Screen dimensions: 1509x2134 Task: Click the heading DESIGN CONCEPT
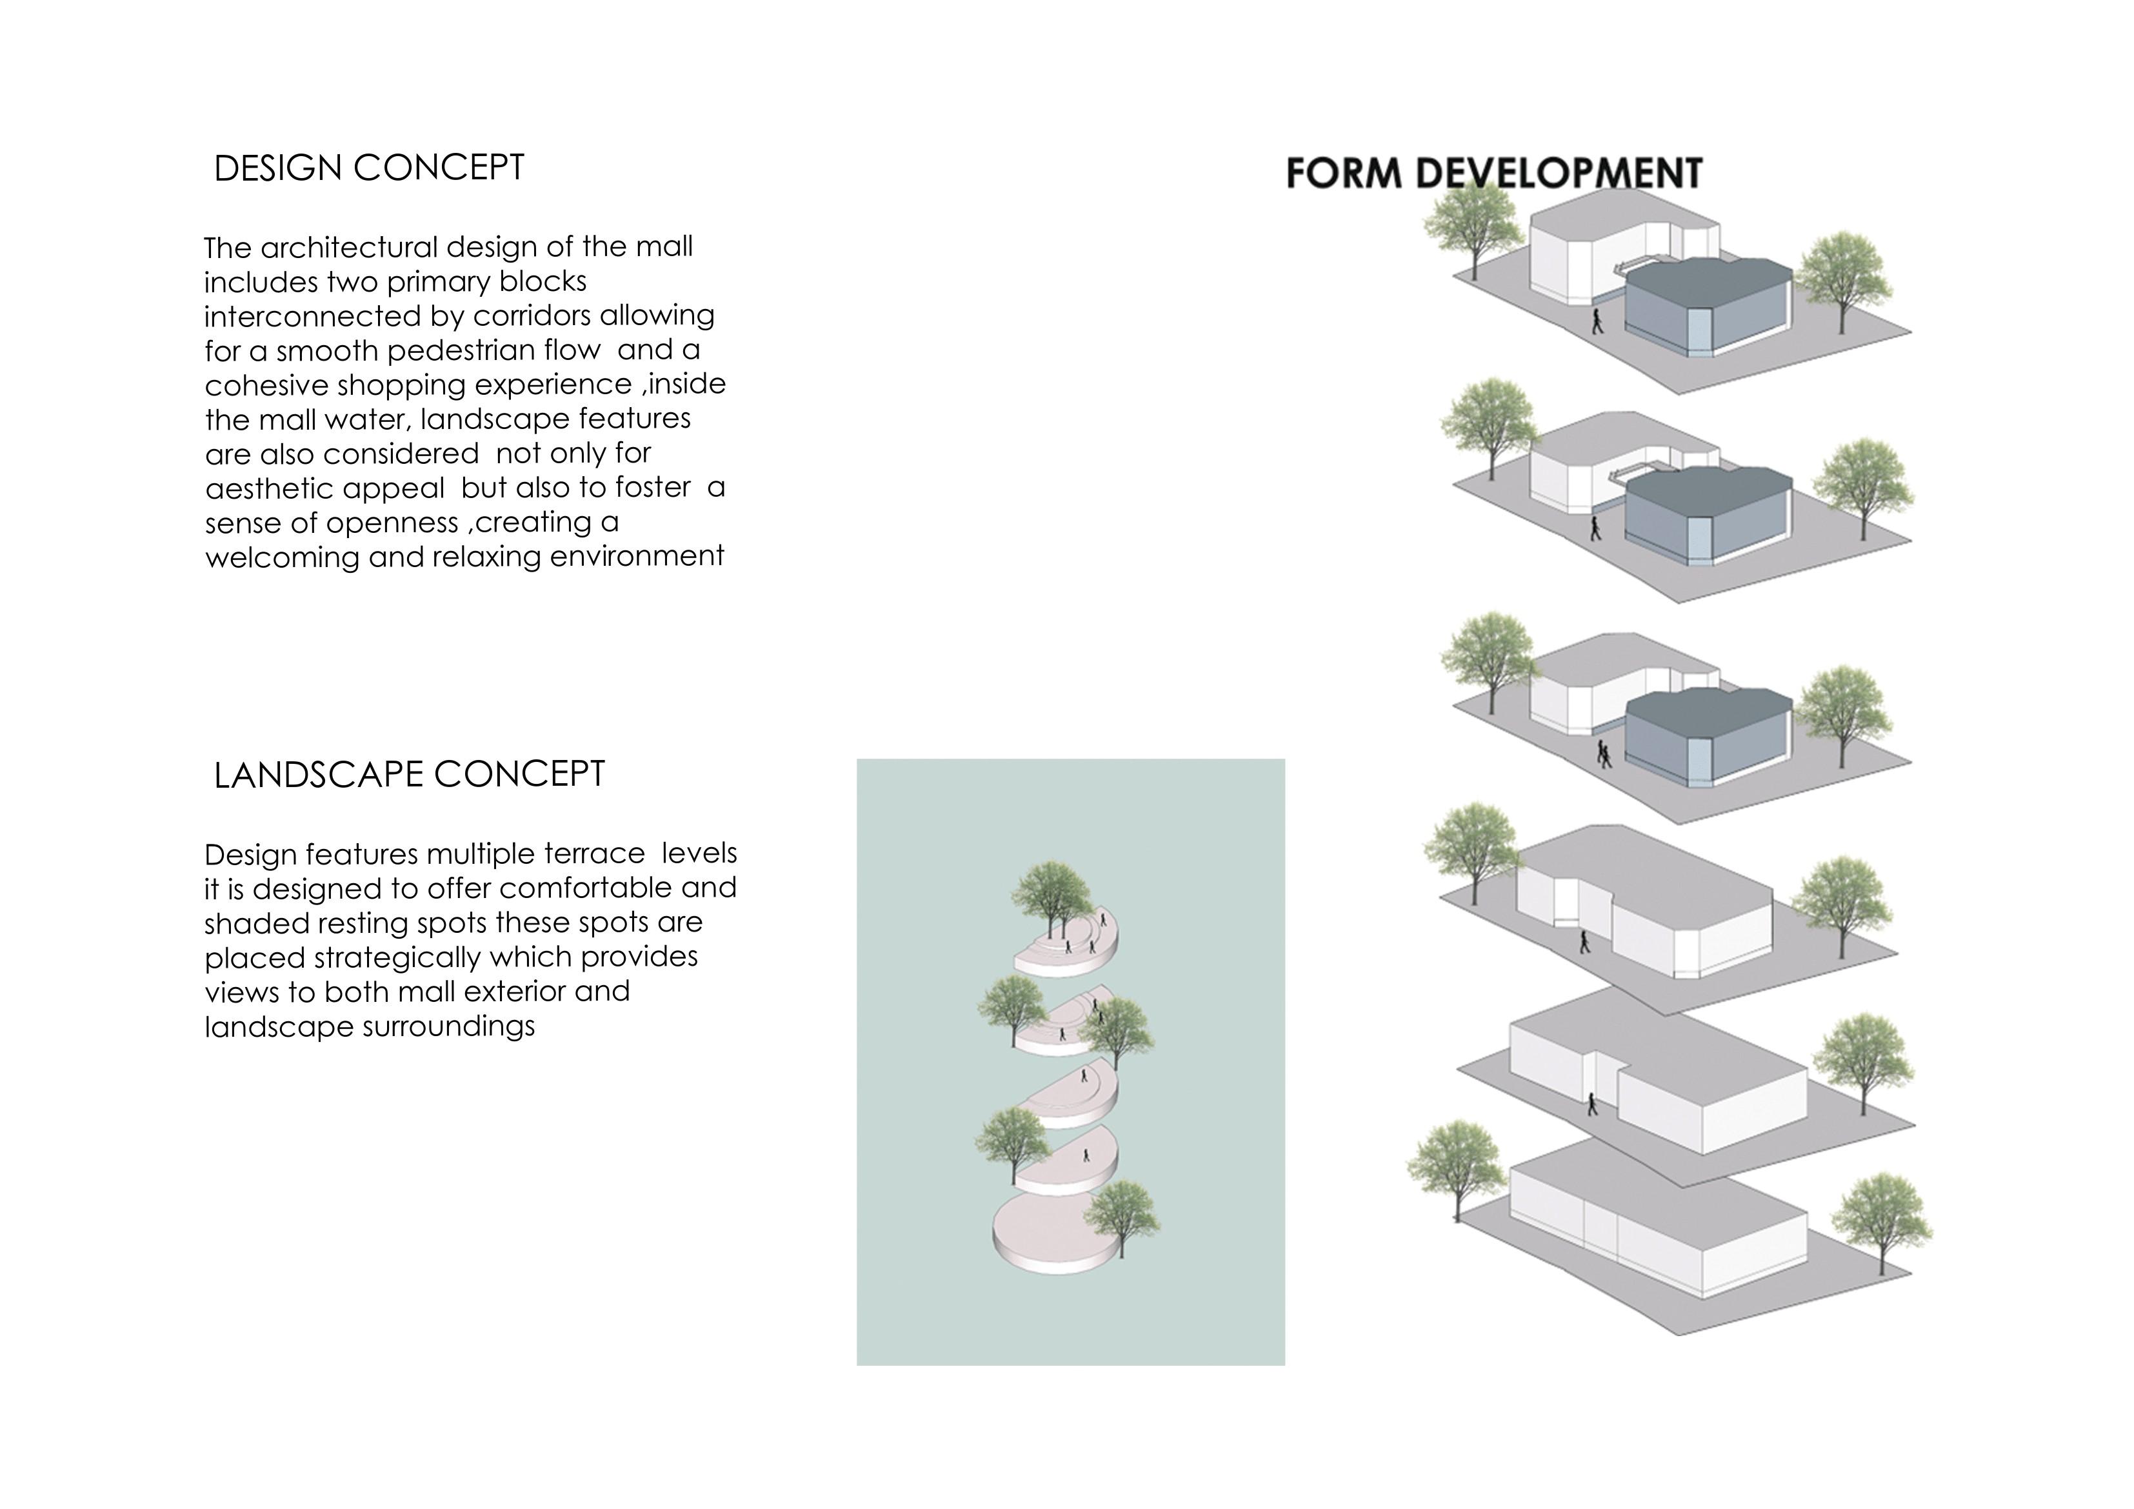[369, 168]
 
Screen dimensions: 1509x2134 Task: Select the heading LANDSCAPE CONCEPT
[409, 774]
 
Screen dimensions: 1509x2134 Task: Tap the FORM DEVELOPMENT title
[1493, 174]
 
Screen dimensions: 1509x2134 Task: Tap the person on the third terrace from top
[1084, 1075]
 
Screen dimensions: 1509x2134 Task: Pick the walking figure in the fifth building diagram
[1592, 1104]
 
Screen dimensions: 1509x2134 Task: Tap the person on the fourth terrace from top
[1086, 1155]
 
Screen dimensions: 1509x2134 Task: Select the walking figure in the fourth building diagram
[1584, 942]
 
